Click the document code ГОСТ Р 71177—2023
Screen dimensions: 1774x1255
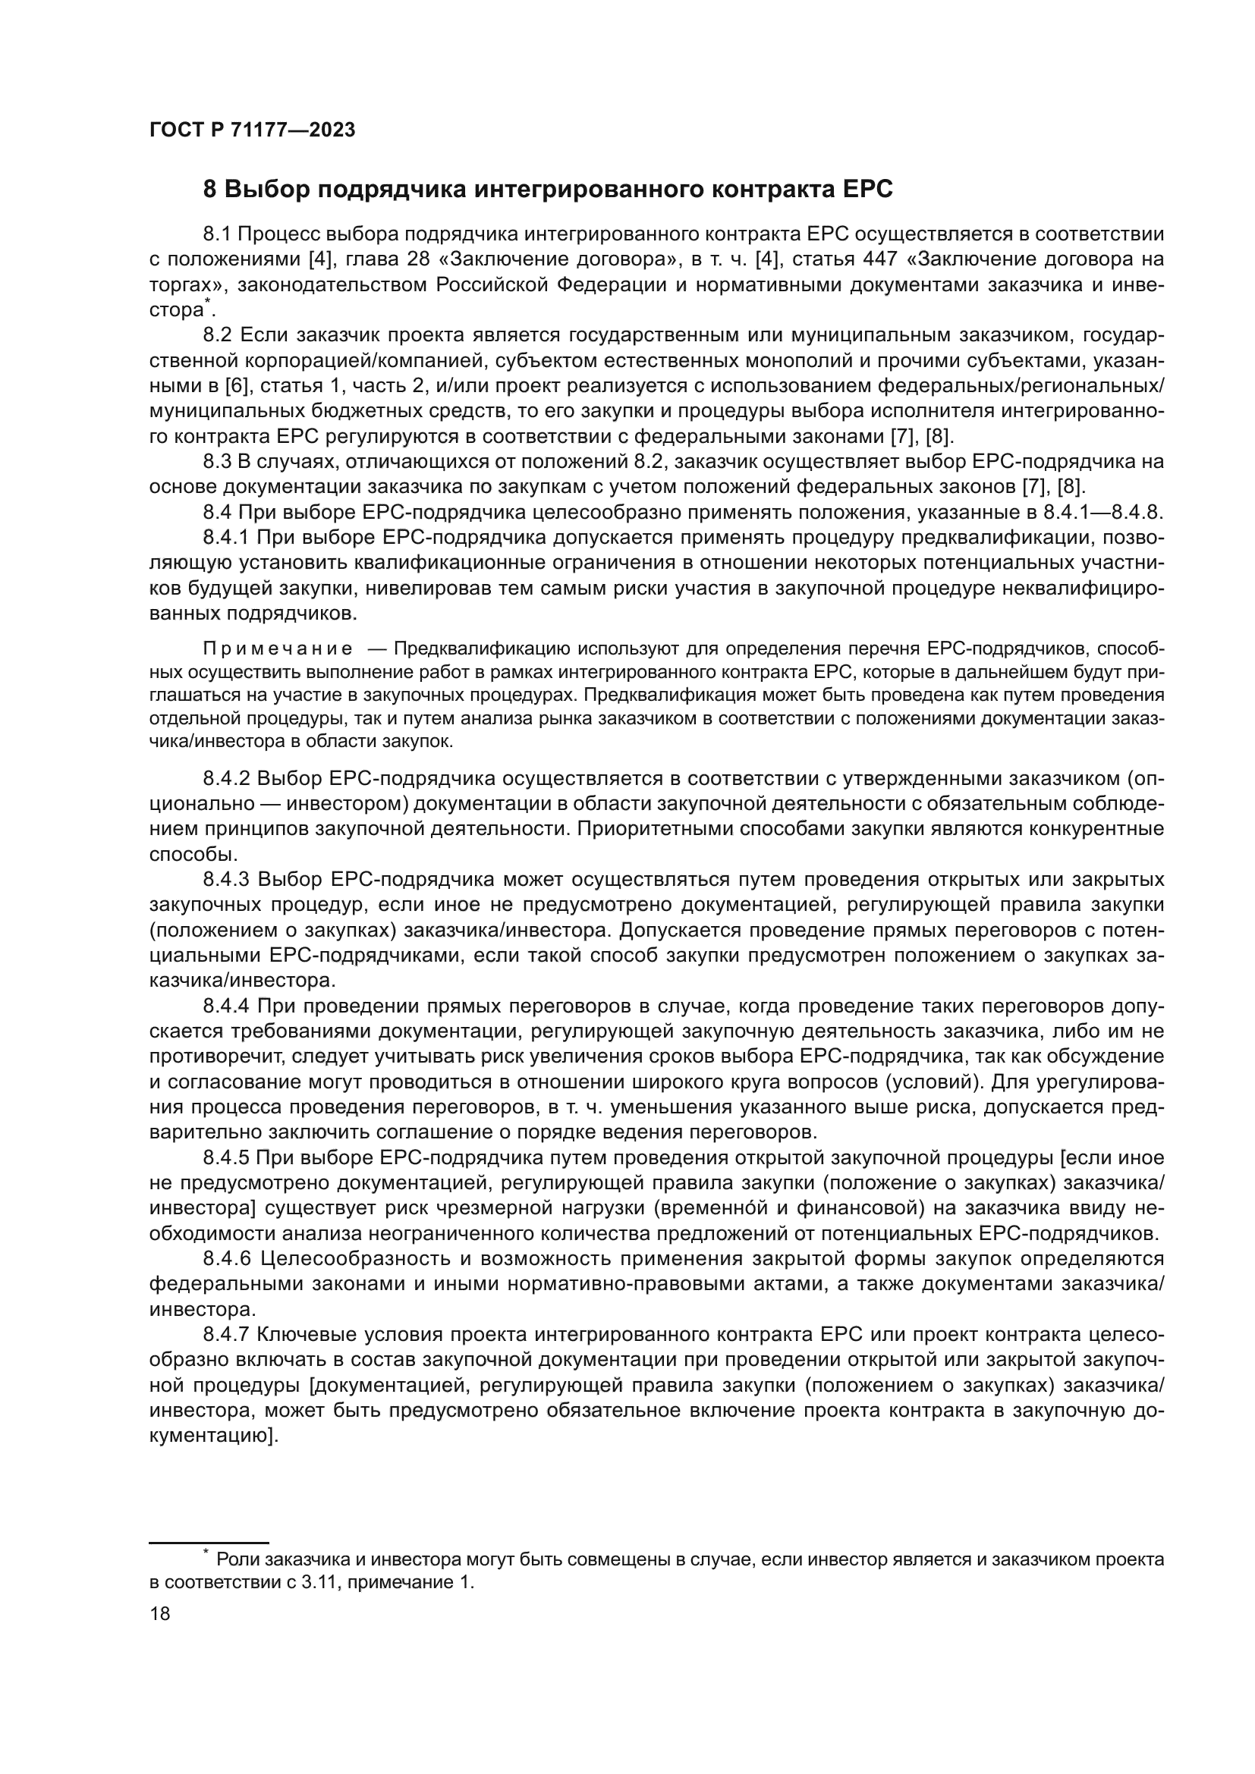[x=252, y=130]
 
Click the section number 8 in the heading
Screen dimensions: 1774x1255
[x=209, y=190]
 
